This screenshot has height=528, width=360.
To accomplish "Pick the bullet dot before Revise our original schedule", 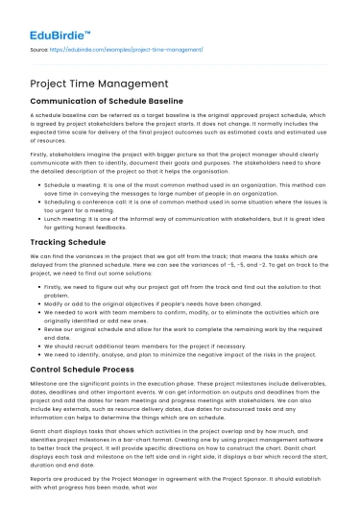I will tap(39, 330).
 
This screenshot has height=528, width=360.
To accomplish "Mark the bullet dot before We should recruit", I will tap(39, 350).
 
